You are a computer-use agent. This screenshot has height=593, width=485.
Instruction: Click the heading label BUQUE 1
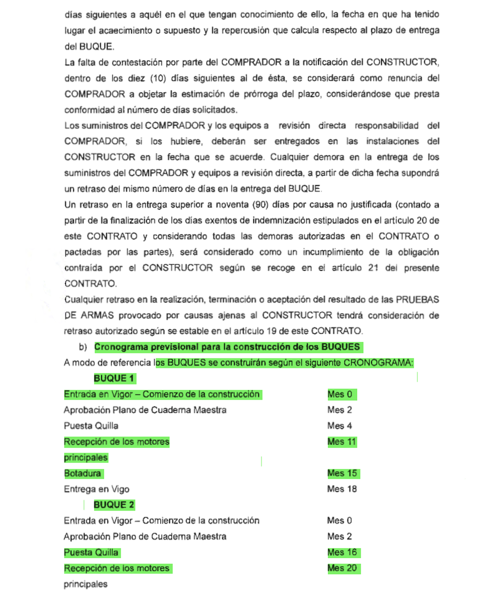[x=114, y=379]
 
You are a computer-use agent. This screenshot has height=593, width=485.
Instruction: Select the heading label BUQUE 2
[x=114, y=505]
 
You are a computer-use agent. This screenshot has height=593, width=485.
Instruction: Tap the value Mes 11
[x=342, y=442]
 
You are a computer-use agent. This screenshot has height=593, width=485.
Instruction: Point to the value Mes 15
[x=342, y=473]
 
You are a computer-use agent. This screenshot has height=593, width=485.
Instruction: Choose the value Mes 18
[x=342, y=489]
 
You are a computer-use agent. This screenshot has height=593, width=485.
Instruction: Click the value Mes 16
[x=342, y=553]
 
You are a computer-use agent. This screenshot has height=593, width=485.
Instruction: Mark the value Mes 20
[x=342, y=568]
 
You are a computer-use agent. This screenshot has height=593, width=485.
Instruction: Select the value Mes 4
[x=339, y=426]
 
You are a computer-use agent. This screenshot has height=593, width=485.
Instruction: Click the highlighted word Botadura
[x=82, y=473]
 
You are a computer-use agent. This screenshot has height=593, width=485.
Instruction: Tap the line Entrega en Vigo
[x=97, y=489]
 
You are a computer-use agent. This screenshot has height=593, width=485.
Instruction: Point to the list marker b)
[x=83, y=347]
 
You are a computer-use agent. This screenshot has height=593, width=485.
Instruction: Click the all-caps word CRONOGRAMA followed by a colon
[x=378, y=363]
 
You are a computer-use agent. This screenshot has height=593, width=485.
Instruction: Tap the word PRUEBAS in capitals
[x=417, y=300]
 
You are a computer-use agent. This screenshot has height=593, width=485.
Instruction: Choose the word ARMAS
[x=97, y=315]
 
